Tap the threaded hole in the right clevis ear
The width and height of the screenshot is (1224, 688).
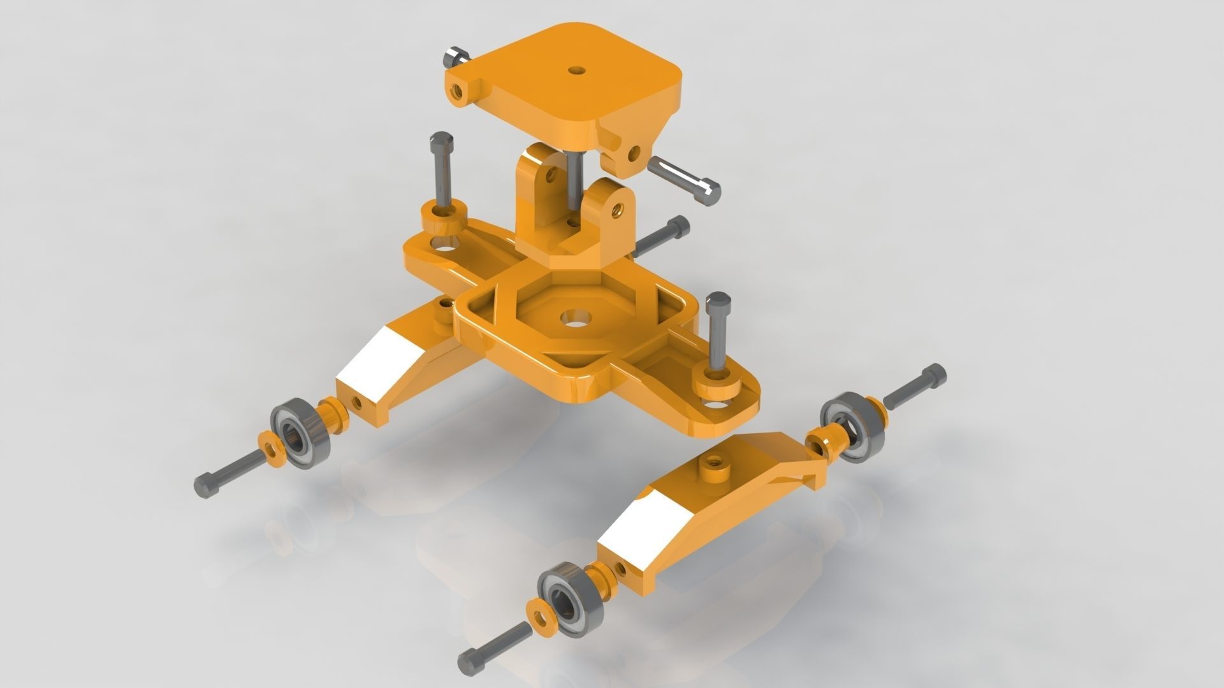click(616, 209)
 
